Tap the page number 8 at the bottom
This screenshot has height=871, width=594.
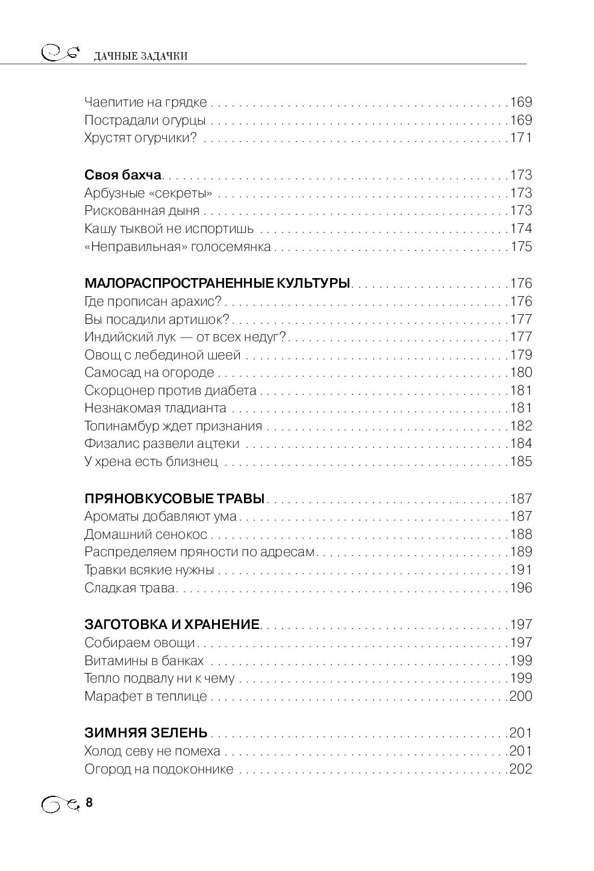click(90, 802)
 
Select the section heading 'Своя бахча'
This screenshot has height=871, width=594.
click(123, 175)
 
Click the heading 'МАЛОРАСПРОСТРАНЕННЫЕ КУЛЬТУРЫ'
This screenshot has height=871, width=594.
click(217, 284)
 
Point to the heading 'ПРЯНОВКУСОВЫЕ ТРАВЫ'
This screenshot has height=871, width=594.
click(175, 498)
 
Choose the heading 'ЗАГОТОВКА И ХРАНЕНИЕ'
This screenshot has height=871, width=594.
click(172, 625)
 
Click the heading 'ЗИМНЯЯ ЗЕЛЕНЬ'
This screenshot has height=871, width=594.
click(146, 733)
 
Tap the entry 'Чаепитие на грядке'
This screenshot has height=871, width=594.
click(145, 102)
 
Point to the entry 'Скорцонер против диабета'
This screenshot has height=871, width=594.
click(170, 390)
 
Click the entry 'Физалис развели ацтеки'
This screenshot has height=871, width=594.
click(162, 444)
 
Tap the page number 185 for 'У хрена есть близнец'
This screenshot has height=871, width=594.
click(521, 462)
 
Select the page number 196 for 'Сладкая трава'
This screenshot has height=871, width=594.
click(521, 588)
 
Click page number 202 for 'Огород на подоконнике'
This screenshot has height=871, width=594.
click(521, 769)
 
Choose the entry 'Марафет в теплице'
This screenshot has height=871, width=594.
click(145, 696)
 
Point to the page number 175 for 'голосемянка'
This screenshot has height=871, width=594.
click(521, 247)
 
